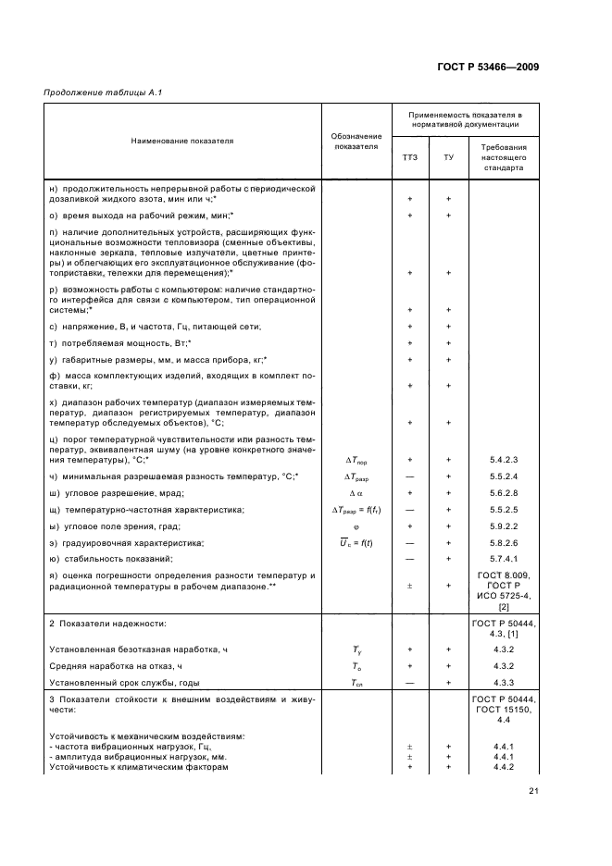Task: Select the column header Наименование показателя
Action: [181, 142]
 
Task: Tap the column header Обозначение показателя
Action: [356, 142]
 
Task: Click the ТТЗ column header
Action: [408, 157]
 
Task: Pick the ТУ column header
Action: [448, 157]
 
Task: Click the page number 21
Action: [534, 790]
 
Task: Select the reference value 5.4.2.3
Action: [503, 459]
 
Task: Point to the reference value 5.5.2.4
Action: [503, 476]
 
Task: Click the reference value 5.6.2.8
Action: [503, 492]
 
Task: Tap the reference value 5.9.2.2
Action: [503, 526]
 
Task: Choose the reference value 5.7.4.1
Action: [503, 559]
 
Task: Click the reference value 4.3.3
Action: [503, 683]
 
